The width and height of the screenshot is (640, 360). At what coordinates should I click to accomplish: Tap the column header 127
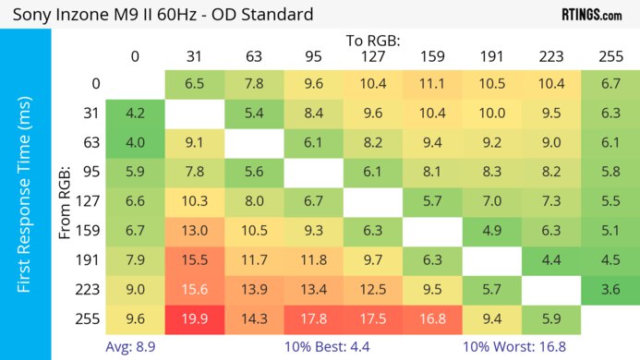372,56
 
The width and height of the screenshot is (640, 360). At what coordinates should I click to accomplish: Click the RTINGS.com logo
591,15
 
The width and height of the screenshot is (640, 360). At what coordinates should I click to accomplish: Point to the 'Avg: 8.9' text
131,348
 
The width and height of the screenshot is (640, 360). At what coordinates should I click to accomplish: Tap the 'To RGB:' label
373,41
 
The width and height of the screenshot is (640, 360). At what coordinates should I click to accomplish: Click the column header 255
610,56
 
